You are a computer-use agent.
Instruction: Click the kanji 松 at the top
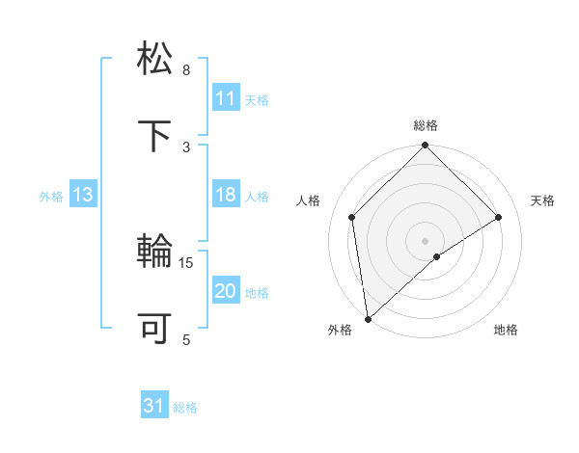[x=156, y=58]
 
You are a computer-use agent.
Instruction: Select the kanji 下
[x=156, y=135]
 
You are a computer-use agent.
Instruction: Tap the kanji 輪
[x=156, y=253]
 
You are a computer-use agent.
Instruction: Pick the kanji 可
[x=156, y=329]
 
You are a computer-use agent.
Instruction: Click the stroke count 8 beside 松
[x=186, y=70]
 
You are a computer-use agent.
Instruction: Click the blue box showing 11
[x=225, y=98]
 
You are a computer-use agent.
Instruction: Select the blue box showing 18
[x=225, y=196]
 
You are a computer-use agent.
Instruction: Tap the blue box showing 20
[x=225, y=292]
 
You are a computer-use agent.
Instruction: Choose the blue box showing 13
[x=83, y=196]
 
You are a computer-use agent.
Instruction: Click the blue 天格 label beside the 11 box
[x=257, y=99]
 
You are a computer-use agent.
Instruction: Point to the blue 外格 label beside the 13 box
[x=51, y=197]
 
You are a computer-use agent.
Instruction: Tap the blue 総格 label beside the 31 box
[x=185, y=408]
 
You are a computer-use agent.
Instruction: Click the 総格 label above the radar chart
[x=426, y=125]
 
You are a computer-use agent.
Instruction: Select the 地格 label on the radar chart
[x=506, y=331]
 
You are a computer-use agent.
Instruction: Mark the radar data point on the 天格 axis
[x=499, y=217]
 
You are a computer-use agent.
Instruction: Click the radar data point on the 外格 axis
[x=368, y=318]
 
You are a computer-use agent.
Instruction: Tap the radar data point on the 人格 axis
[x=352, y=217]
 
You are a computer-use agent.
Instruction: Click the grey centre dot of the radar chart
[x=426, y=240]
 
